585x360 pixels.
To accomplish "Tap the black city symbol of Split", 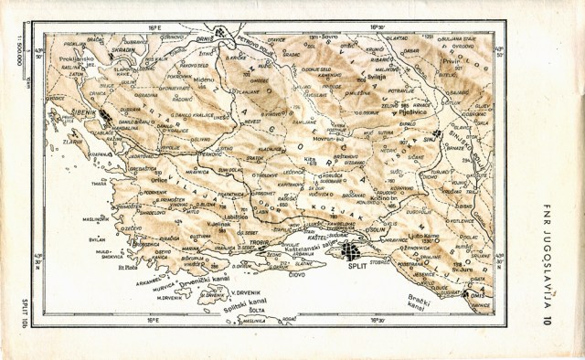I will pos(350,252).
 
